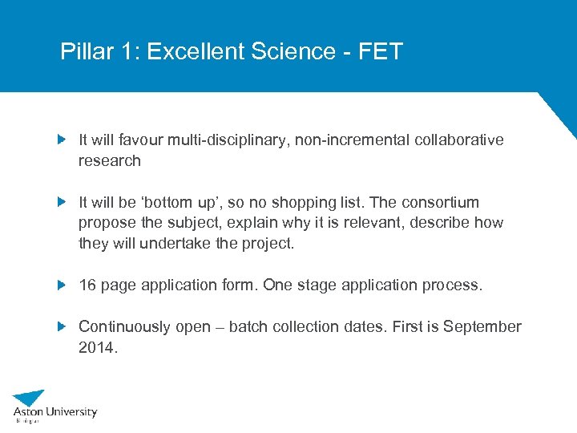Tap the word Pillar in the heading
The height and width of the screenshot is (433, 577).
coord(83,52)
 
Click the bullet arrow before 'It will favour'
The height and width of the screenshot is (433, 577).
coord(63,140)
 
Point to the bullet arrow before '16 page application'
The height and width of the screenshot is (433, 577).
coord(63,285)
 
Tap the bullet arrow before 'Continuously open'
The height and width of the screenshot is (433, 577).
coord(63,326)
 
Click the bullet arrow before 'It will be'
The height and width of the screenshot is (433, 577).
coord(63,202)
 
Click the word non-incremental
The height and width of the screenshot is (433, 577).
coord(353,140)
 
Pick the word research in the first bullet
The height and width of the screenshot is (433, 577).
coord(109,160)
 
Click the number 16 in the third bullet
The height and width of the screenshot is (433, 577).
coord(87,285)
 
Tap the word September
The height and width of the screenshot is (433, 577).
coord(482,326)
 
